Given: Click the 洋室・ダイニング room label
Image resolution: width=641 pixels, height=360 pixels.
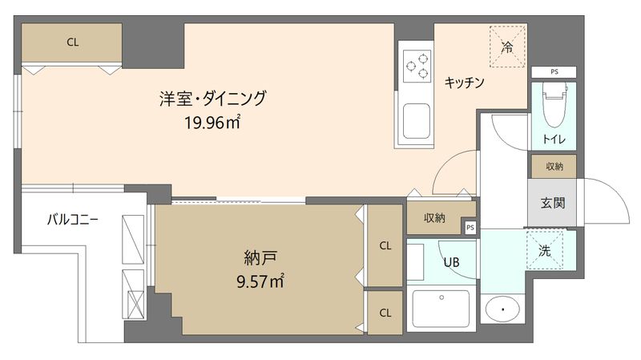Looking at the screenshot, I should pos(212,99).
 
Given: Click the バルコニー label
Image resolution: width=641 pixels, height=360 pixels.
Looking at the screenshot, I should pos(73,218).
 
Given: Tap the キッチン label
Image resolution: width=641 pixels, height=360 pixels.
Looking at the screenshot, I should pos(464,82).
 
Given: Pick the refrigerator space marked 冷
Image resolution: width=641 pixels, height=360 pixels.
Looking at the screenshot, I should pos(506,47).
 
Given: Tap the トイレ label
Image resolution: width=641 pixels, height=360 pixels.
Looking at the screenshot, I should pos(554,140).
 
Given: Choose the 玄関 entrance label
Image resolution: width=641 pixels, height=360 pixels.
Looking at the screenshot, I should pos(553,202).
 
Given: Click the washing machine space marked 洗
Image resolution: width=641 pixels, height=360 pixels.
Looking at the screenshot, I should pos(545,250).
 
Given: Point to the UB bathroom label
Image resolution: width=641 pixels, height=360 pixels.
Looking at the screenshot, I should pos(452,261).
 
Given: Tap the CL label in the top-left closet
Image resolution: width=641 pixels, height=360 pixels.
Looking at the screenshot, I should pos(72,42).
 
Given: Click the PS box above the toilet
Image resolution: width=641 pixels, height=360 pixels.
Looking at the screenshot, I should pos(554,72).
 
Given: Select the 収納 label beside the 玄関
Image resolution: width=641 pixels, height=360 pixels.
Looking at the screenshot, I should pos(554,167).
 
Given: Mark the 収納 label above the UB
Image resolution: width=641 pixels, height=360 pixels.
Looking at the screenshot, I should pos(435,217).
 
